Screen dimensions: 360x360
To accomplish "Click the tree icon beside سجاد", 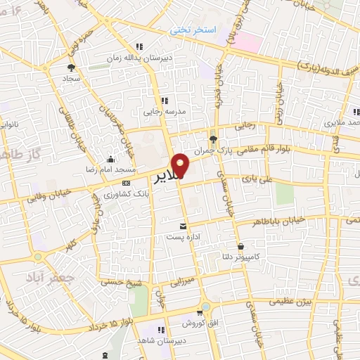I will (70, 67).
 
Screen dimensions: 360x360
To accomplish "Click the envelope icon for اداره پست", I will (184, 226).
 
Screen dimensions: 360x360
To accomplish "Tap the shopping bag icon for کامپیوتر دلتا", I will (241, 247).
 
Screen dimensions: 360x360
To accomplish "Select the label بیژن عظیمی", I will (288, 301).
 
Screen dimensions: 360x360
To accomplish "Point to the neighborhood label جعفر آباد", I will (43, 278).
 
